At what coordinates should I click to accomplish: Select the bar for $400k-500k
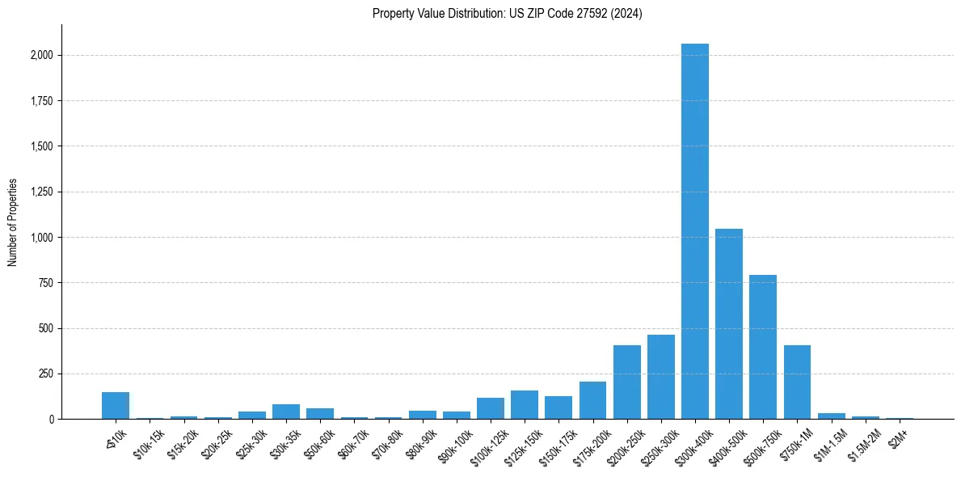point(729,323)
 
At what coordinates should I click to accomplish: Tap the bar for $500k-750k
point(763,347)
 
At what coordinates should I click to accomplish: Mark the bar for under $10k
point(116,405)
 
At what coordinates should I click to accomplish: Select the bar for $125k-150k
point(525,404)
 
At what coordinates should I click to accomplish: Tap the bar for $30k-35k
point(286,412)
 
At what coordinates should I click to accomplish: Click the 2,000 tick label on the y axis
point(43,56)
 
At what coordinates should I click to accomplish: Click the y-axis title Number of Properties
point(13,222)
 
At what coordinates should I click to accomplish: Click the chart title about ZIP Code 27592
point(507,14)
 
